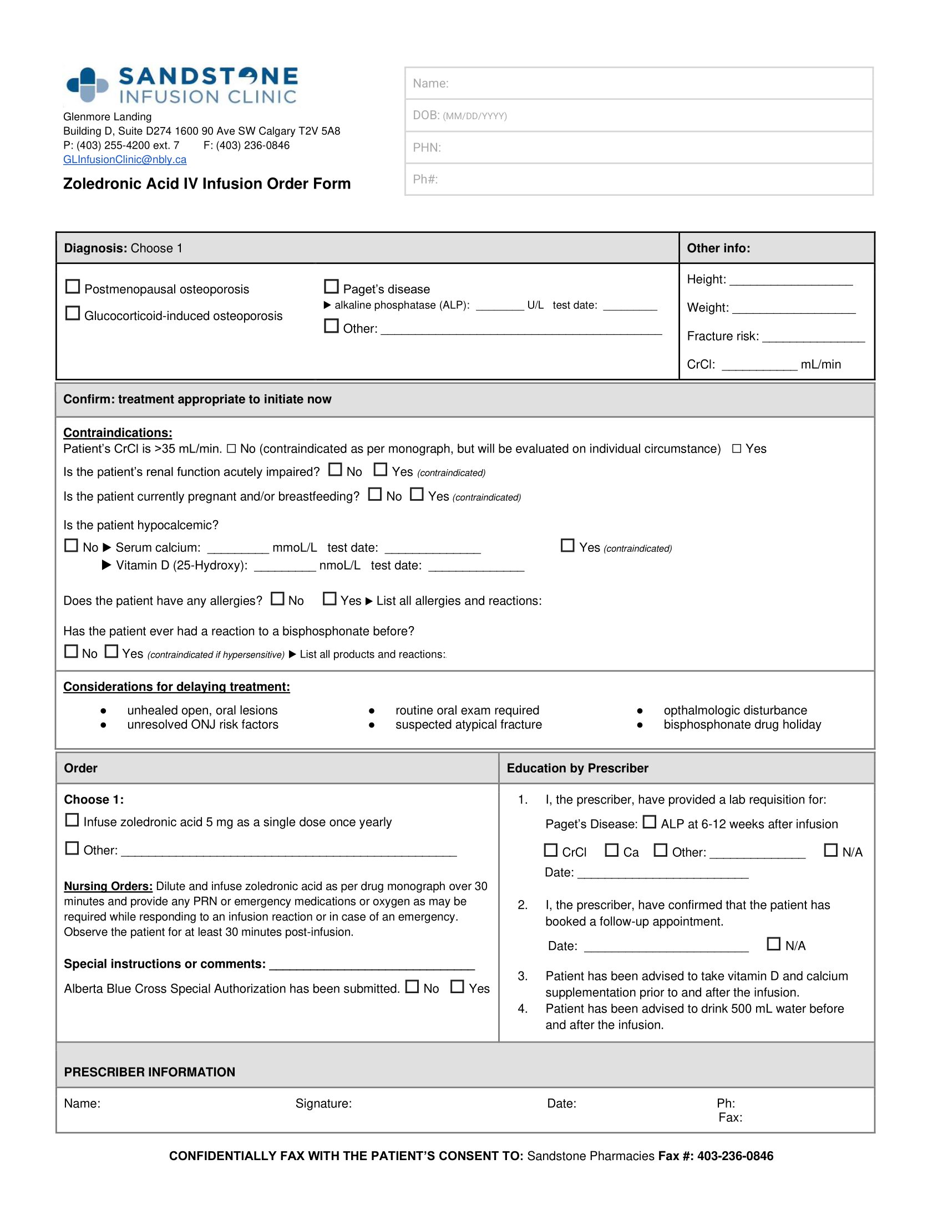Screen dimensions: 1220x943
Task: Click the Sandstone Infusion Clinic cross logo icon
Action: [x=87, y=85]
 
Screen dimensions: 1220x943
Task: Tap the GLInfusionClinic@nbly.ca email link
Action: [x=125, y=160]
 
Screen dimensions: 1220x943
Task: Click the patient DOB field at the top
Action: [x=638, y=116]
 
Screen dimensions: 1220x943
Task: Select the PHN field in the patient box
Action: [x=638, y=148]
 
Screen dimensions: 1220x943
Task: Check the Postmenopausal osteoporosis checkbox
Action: [x=73, y=287]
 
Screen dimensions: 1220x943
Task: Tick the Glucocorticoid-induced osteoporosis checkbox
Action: [x=73, y=313]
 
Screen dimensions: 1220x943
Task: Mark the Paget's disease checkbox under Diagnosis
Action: [x=331, y=287]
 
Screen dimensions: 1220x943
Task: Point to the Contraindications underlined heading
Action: [x=117, y=433]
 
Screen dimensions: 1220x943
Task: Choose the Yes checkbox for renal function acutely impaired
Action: [x=381, y=470]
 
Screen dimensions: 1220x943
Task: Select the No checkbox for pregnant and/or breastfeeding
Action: [x=375, y=494]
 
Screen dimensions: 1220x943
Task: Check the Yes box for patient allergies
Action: [x=330, y=599]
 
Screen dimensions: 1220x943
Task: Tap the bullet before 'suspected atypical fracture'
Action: [x=372, y=725]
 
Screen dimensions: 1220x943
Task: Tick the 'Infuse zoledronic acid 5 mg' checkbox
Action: [x=72, y=820]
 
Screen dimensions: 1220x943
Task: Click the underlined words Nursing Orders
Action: [x=108, y=887]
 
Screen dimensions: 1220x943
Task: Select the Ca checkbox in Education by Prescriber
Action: [x=612, y=850]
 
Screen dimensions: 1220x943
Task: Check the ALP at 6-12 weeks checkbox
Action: [x=649, y=822]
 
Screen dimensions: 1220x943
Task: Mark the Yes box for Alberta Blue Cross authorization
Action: [x=457, y=987]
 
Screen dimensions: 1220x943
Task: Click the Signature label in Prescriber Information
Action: [x=323, y=1103]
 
